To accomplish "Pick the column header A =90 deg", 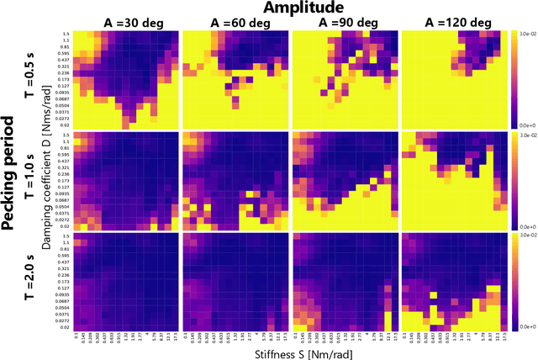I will tap(345, 23).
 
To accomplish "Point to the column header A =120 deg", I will tap(455, 23).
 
